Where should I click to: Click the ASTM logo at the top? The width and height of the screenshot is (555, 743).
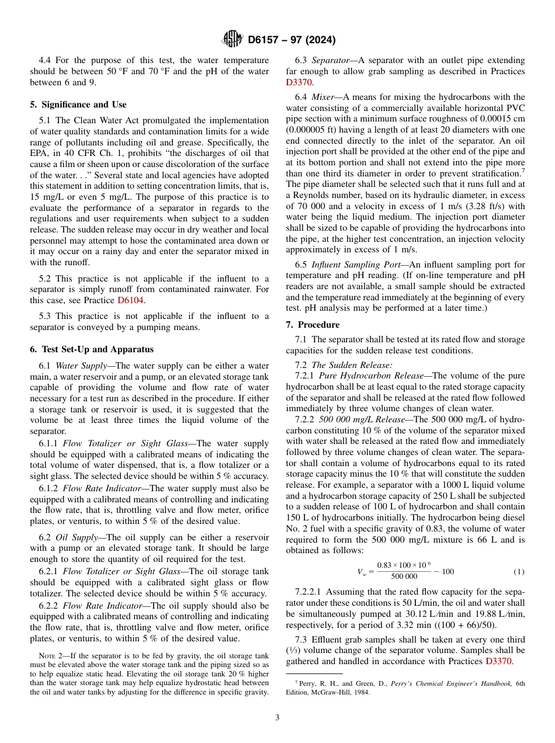coord(232,40)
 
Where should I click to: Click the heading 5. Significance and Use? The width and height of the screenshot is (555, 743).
coord(78,105)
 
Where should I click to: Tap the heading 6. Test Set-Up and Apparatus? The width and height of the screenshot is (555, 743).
coord(92,349)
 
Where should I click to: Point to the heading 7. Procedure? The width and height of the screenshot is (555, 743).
coord(313,324)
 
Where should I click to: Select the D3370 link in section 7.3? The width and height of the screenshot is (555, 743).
coord(498,661)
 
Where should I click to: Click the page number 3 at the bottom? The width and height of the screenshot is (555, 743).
coord(277,717)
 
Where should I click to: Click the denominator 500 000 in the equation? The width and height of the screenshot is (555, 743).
coord(404,576)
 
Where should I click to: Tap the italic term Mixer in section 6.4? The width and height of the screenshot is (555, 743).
coord(323,97)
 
